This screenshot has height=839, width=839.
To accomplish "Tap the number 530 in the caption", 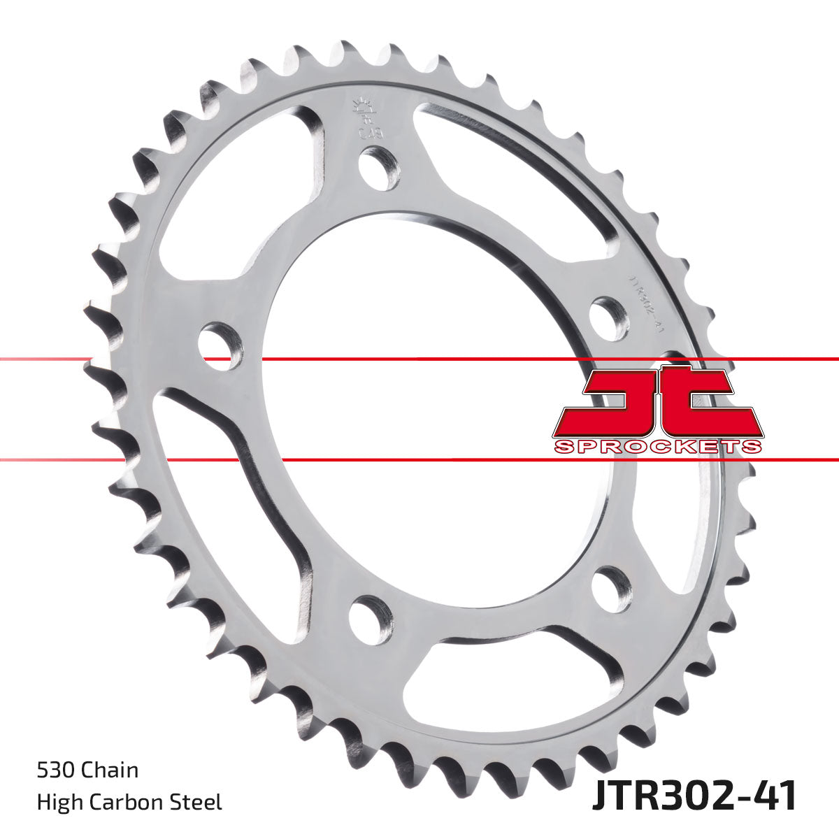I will [57, 770].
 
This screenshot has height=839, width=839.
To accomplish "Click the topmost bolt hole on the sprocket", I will [380, 168].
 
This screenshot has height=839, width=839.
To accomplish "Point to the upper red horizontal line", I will [419, 359].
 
